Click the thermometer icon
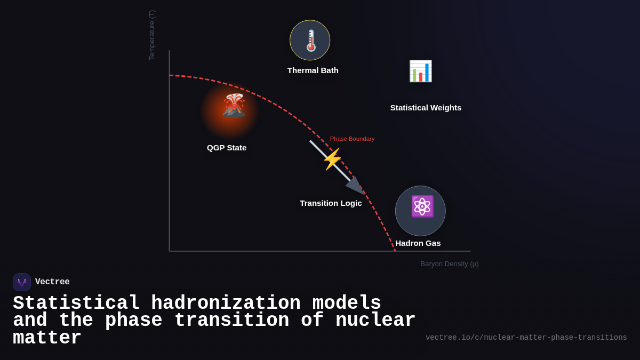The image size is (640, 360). pyautogui.click(x=310, y=41)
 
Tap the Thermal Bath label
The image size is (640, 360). pyautogui.click(x=313, y=70)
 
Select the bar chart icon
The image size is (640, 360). pyautogui.click(x=420, y=71)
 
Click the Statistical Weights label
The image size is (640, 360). pyautogui.click(x=426, y=108)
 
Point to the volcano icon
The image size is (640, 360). pyautogui.click(x=234, y=106)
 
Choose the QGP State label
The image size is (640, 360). pyautogui.click(x=227, y=148)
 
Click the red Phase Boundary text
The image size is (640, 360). pyautogui.click(x=352, y=139)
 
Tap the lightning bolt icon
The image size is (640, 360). pyautogui.click(x=332, y=159)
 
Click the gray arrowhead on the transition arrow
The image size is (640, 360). pyautogui.click(x=356, y=186)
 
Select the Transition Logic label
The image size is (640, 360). pyautogui.click(x=331, y=203)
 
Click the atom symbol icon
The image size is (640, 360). pyautogui.click(x=422, y=206)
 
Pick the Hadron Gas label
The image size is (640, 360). pyautogui.click(x=418, y=243)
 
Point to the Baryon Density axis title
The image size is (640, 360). pyautogui.click(x=449, y=264)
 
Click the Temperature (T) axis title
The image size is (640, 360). pyautogui.click(x=152, y=35)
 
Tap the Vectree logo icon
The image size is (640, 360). pyautogui.click(x=22, y=282)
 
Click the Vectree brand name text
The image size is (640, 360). pyautogui.click(x=52, y=282)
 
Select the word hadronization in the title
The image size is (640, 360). pyautogui.click(x=226, y=303)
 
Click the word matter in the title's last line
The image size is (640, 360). pyautogui.click(x=47, y=338)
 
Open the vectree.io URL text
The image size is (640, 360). pyautogui.click(x=526, y=338)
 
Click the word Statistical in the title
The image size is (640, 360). pyautogui.click(x=76, y=303)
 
